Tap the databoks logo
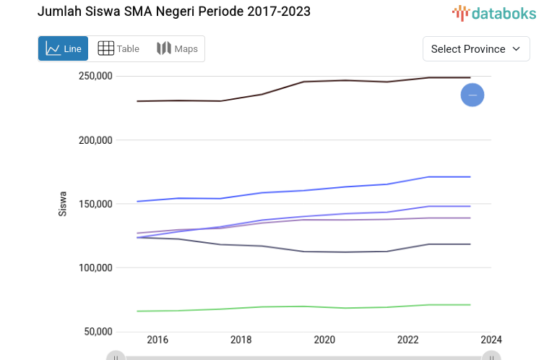(x=495, y=12)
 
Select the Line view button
(x=64, y=49)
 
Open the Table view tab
(x=118, y=49)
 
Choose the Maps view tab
(x=177, y=49)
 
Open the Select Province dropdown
(x=476, y=49)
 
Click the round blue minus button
(x=472, y=95)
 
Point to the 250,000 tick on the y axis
(x=95, y=77)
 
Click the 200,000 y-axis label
(x=95, y=140)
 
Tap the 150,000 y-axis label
(x=95, y=204)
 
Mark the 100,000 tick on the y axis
(x=95, y=268)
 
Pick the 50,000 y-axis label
(x=98, y=332)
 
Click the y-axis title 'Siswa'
(x=63, y=204)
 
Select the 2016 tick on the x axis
(x=157, y=340)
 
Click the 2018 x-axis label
(x=241, y=340)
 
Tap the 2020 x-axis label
(x=324, y=340)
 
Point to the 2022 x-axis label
(x=407, y=340)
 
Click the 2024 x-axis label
(x=491, y=340)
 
